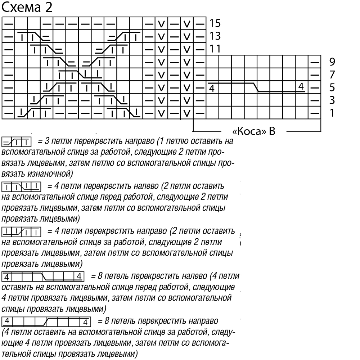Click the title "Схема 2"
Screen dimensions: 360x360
point(27,8)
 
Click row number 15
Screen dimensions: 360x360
point(215,24)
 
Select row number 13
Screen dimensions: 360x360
point(215,36)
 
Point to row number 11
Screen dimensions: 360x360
point(215,49)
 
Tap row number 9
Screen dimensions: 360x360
point(332,62)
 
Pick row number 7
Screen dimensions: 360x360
point(332,75)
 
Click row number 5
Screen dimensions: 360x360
point(332,87)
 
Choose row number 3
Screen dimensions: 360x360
point(332,100)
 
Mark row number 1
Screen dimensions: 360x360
point(332,113)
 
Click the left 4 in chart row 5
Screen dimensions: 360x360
point(211,88)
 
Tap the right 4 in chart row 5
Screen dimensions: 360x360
point(301,86)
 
